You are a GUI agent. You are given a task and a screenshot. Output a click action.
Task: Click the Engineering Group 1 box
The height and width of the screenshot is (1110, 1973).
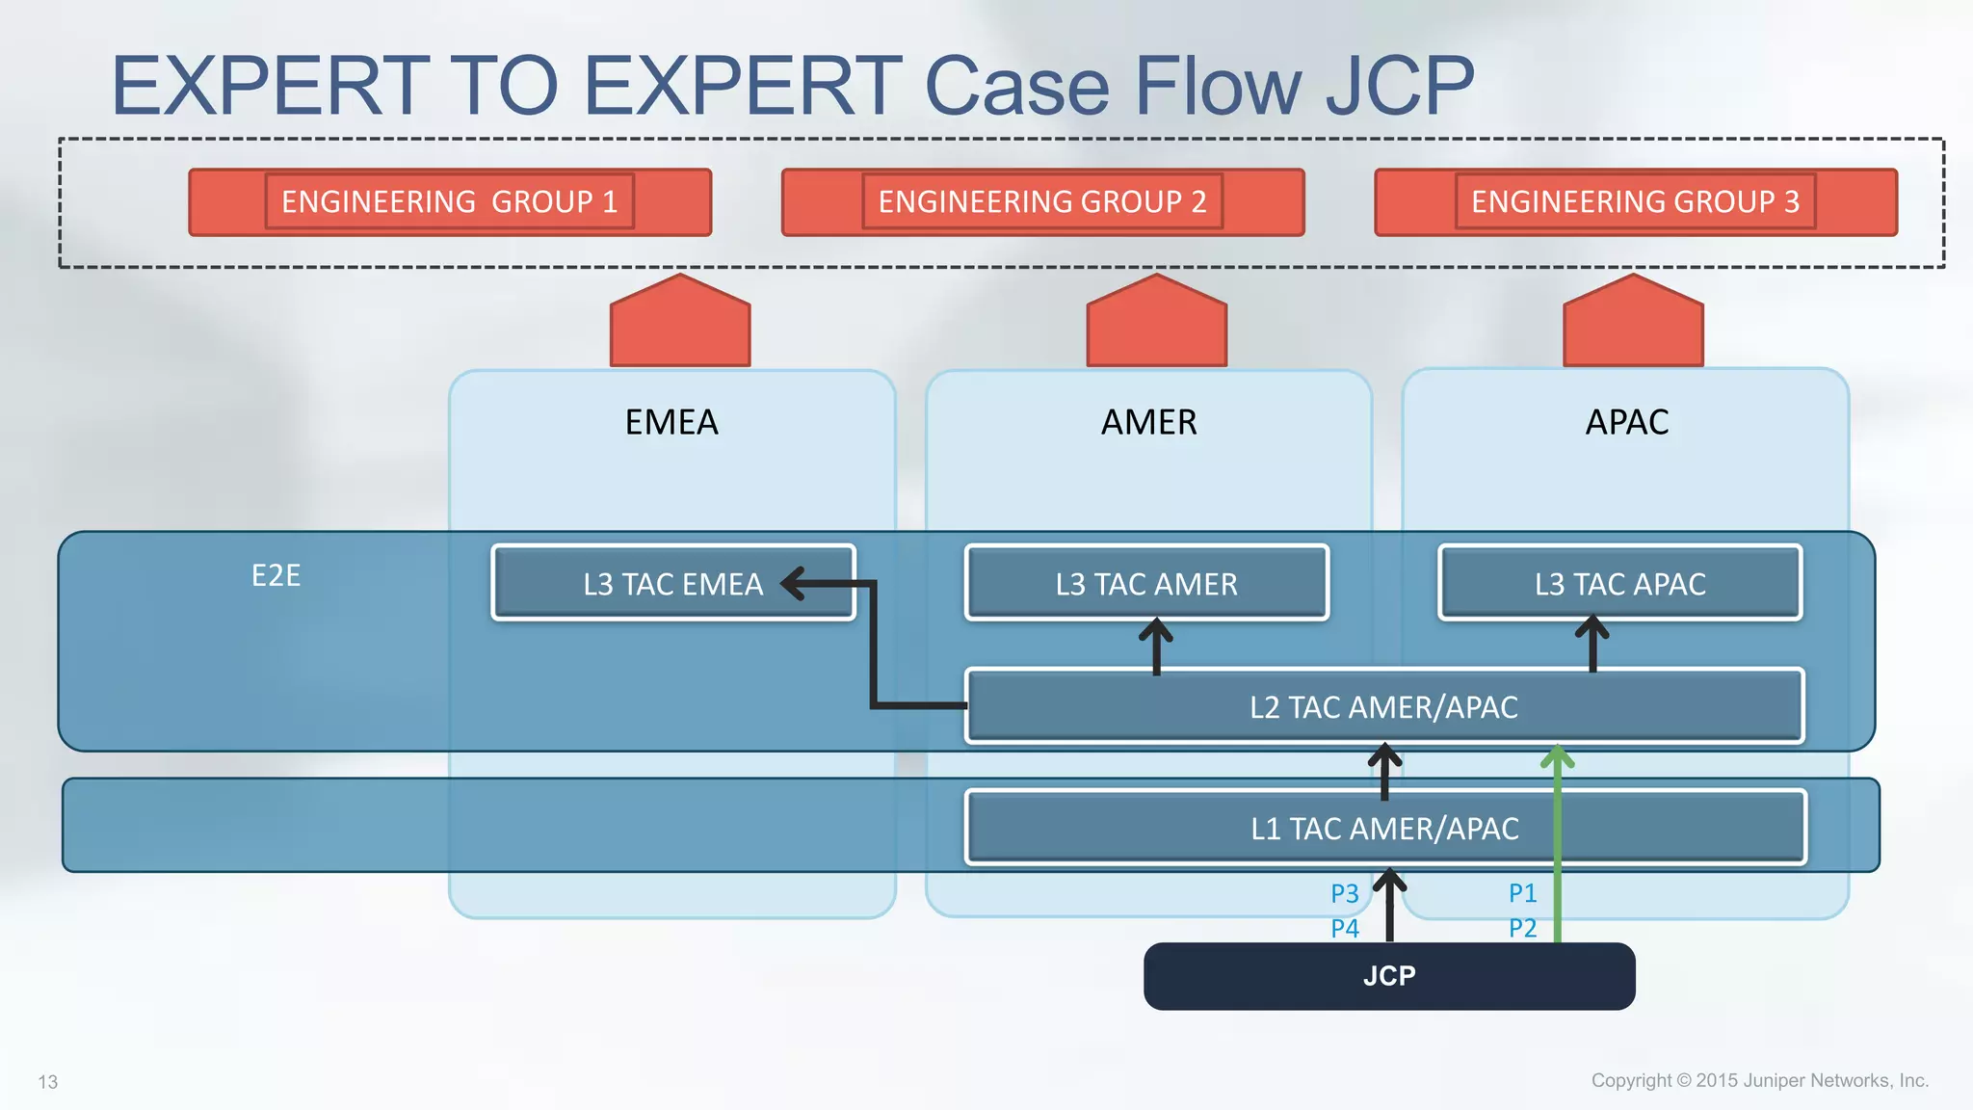(x=450, y=202)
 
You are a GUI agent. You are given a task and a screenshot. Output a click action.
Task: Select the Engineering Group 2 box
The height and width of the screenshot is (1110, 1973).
(x=1042, y=202)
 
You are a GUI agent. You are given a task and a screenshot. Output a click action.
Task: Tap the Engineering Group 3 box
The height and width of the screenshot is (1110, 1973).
(x=1635, y=202)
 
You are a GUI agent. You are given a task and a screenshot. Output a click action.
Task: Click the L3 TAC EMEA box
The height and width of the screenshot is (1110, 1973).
(x=672, y=584)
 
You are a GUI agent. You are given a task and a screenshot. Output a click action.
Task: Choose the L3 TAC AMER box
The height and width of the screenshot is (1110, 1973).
(x=1146, y=584)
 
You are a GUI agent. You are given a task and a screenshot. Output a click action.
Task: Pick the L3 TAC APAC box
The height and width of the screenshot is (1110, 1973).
(x=1619, y=584)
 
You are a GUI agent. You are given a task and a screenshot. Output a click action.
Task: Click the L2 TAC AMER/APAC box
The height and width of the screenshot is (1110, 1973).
(x=1383, y=707)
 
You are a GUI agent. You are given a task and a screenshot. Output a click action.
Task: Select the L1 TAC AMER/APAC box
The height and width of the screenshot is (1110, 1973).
(x=1384, y=829)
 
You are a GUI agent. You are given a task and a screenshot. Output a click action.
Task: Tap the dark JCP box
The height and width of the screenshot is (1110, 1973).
(x=1388, y=976)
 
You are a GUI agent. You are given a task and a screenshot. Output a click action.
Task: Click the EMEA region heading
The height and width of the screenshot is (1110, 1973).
(x=671, y=423)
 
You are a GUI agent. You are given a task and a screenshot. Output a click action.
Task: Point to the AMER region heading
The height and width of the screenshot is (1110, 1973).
(x=1148, y=423)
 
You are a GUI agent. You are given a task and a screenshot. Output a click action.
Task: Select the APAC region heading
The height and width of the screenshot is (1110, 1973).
(x=1626, y=423)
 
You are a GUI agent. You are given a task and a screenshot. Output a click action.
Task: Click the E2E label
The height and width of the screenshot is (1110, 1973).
(x=276, y=576)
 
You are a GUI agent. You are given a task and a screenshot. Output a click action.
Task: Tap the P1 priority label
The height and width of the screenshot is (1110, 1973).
(x=1522, y=893)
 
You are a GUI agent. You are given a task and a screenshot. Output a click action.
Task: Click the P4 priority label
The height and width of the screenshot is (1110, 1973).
(x=1344, y=929)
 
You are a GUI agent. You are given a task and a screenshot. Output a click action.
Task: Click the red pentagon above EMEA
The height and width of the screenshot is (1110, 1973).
(x=680, y=325)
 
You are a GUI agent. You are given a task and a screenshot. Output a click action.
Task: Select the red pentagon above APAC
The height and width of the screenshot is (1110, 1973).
(x=1633, y=325)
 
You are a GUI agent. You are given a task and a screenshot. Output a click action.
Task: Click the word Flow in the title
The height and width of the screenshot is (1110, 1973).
(x=1219, y=86)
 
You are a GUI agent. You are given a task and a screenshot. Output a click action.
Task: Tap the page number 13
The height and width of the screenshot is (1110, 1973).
(x=48, y=1082)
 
